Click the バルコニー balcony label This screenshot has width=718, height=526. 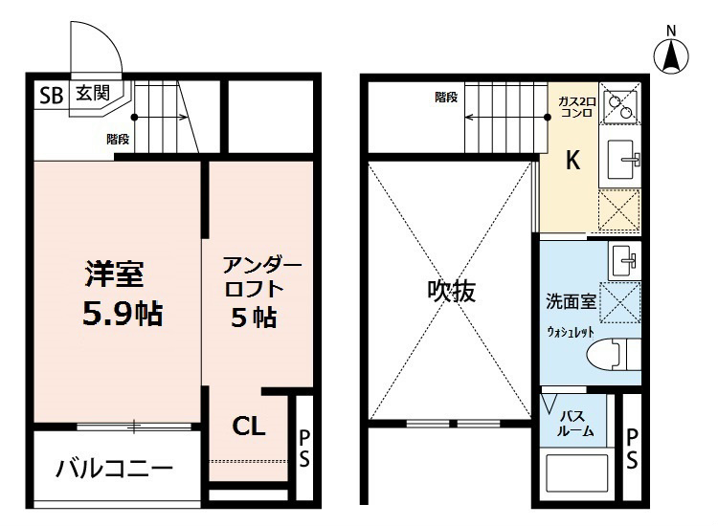pyautogui.click(x=113, y=469)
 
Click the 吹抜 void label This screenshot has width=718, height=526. pyautogui.click(x=451, y=291)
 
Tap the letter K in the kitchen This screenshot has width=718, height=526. pyautogui.click(x=572, y=162)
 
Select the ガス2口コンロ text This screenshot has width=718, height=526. pyautogui.click(x=576, y=106)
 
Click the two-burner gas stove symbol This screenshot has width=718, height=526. pyautogui.click(x=621, y=102)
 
